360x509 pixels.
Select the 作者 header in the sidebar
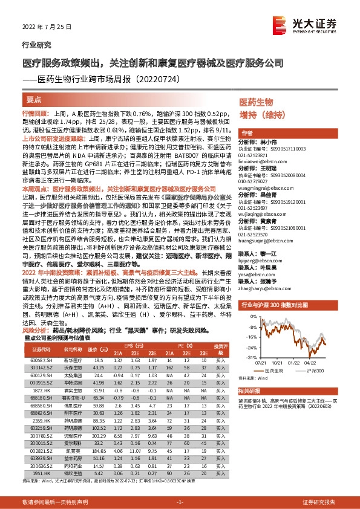247,133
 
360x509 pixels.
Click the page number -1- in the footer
180,502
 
